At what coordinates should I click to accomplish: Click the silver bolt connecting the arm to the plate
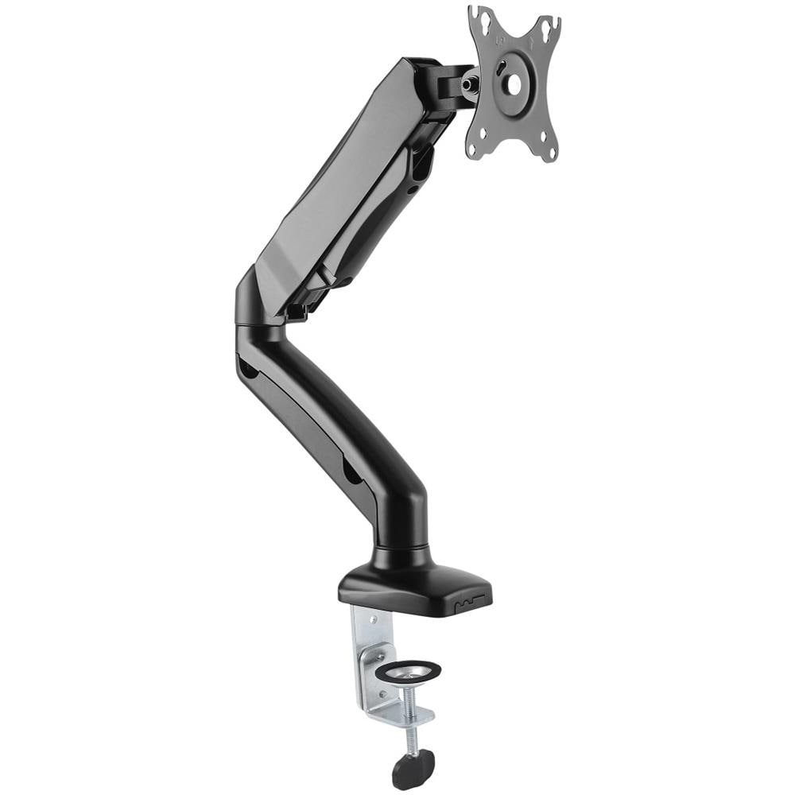click(472, 80)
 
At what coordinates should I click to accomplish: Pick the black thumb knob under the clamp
click(413, 767)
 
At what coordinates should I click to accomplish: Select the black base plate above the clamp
click(413, 584)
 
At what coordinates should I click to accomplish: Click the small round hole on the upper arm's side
click(412, 189)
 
